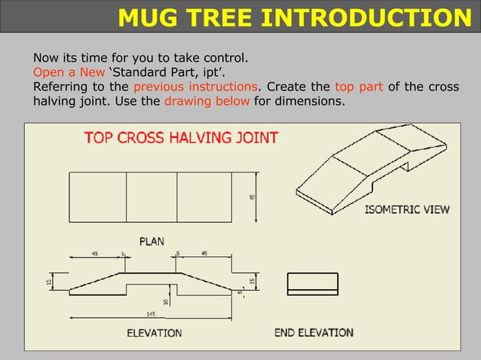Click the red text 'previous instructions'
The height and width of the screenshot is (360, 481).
pyautogui.click(x=201, y=86)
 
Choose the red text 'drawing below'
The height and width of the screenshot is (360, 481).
pyautogui.click(x=207, y=100)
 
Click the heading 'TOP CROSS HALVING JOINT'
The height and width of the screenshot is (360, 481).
pyautogui.click(x=181, y=138)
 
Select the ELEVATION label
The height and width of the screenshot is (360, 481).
pyautogui.click(x=154, y=332)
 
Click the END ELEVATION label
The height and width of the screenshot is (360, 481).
pyautogui.click(x=314, y=332)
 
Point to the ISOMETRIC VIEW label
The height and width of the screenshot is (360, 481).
pyautogui.click(x=406, y=209)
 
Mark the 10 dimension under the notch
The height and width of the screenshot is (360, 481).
pyautogui.click(x=167, y=301)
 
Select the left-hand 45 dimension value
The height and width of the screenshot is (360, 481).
pyautogui.click(x=94, y=254)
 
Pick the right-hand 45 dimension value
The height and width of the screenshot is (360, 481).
pyautogui.click(x=204, y=254)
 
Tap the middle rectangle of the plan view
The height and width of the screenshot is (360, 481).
pyautogui.click(x=152, y=197)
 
